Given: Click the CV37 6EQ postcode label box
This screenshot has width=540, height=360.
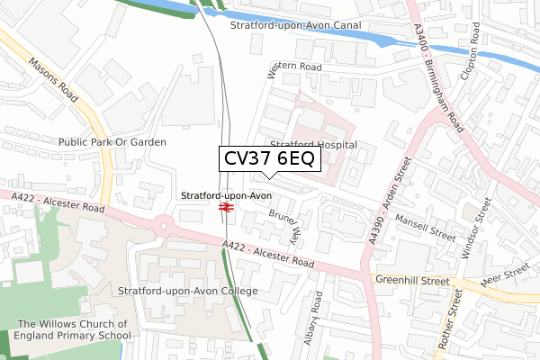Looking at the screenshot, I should [267, 159].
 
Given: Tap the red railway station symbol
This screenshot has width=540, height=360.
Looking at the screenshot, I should [225, 208].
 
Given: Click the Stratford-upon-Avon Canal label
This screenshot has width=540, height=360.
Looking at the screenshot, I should [295, 26].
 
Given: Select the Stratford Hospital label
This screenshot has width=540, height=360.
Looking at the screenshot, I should [313, 144].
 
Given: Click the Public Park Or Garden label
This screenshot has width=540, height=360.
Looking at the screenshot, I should [112, 142].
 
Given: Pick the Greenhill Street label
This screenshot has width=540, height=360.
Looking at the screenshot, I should [414, 281].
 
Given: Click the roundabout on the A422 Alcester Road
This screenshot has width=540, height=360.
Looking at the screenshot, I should [165, 222].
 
